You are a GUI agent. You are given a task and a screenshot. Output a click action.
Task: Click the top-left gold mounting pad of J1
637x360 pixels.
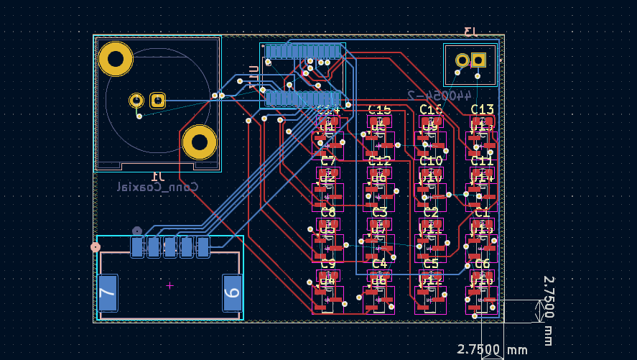point(116,59)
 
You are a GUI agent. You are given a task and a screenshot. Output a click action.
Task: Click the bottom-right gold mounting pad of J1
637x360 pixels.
point(199,142)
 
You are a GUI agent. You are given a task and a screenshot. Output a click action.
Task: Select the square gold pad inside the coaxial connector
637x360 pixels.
point(157,101)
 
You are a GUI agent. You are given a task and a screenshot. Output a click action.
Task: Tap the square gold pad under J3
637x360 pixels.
point(479,60)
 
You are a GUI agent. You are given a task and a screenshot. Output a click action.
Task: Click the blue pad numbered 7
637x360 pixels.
point(108,293)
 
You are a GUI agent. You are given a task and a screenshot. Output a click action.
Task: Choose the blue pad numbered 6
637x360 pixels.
point(232,293)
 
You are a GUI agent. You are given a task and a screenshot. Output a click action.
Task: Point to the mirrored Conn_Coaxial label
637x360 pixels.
point(158,187)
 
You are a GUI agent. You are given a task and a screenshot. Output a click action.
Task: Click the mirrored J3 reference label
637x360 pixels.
point(470,31)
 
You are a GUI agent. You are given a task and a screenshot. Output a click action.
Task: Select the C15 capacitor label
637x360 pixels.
point(379,109)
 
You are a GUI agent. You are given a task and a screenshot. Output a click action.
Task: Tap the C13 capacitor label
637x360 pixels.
point(482,109)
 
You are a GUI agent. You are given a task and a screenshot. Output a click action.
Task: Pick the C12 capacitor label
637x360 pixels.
point(379,161)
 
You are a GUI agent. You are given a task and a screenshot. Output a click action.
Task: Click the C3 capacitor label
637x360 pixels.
point(379,212)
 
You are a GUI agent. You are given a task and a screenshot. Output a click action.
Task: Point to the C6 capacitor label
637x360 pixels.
point(482,264)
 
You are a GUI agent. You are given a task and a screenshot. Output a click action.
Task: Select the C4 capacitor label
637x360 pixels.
point(379,264)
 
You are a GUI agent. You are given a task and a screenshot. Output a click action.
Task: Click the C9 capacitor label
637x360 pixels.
point(327,264)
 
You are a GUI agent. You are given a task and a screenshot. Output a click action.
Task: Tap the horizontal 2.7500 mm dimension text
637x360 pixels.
point(493,350)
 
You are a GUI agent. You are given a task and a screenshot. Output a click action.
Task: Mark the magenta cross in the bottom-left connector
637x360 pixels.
point(169,285)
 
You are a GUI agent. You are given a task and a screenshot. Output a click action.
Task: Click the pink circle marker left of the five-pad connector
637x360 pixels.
point(96,247)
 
